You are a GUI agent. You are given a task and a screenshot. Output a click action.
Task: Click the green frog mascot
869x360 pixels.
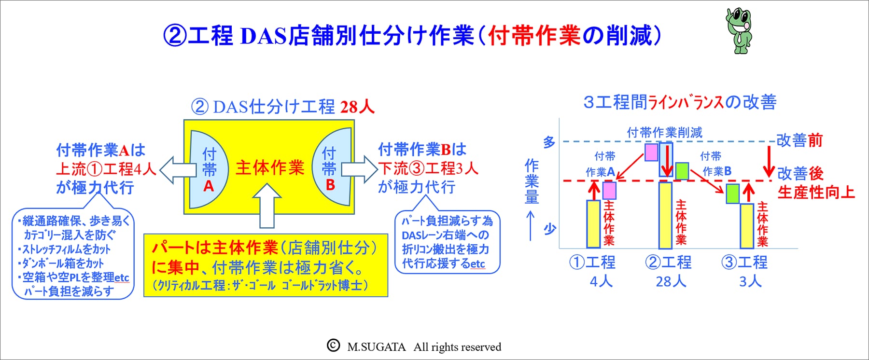click(x=739, y=30)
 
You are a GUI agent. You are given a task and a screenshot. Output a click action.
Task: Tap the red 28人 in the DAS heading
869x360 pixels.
click(x=357, y=107)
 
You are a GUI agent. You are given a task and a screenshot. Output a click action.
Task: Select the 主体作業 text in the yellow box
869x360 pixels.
click(x=270, y=168)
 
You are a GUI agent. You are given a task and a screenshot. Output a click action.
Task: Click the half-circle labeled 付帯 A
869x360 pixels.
click(x=208, y=169)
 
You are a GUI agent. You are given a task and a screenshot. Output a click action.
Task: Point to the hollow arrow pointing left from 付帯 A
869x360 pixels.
click(x=177, y=170)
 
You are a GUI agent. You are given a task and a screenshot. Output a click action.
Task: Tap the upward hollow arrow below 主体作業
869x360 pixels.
click(x=266, y=206)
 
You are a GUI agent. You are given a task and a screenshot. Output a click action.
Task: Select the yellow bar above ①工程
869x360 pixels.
click(x=593, y=224)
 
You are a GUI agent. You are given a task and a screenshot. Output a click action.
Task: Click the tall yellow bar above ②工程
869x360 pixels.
click(x=665, y=215)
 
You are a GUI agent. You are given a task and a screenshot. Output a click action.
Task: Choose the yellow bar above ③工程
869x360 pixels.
click(x=746, y=226)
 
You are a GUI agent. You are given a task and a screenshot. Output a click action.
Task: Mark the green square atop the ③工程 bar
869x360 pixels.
click(x=733, y=194)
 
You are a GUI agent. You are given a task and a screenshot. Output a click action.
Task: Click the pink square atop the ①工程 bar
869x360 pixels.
click(x=609, y=190)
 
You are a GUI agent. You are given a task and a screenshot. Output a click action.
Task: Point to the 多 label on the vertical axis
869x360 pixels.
click(x=549, y=142)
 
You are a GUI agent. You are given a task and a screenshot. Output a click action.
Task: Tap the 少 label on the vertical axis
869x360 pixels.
click(x=549, y=228)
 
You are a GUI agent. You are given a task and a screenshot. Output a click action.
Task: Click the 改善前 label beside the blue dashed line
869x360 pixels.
click(x=800, y=140)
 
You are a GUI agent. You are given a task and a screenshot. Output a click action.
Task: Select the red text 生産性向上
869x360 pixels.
click(x=816, y=192)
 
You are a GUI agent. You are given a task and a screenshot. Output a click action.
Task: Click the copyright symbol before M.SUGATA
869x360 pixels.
click(x=333, y=345)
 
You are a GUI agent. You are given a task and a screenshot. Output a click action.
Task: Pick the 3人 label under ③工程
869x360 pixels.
click(x=750, y=281)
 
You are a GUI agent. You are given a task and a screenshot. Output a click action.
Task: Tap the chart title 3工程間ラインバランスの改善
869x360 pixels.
click(x=680, y=102)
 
